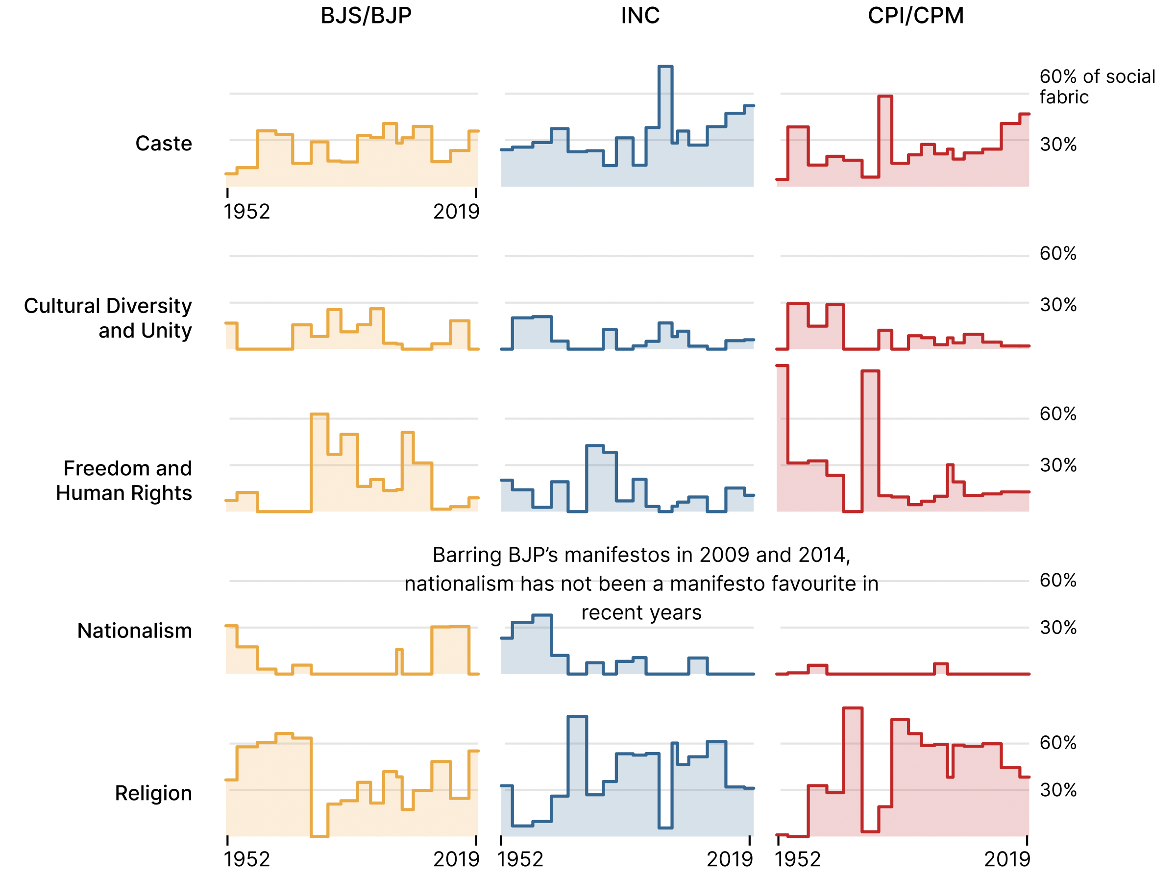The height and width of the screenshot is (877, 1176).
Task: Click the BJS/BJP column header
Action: coord(366,15)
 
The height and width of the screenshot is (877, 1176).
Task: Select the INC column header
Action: coord(640,15)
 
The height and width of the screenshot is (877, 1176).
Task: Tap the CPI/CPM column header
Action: coord(915,15)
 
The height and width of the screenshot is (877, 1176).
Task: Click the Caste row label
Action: coord(164,144)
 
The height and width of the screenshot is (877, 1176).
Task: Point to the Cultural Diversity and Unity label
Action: coord(108,318)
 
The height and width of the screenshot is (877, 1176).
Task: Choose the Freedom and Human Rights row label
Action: coord(123,481)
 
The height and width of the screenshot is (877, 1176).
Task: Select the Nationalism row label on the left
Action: coord(134,631)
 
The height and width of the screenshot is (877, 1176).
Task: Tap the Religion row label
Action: coord(153,793)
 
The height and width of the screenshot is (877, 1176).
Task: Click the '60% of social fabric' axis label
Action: coord(1097,87)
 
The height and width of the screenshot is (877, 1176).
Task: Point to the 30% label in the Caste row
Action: coord(1057,145)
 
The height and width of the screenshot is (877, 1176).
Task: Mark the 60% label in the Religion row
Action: coord(1057,743)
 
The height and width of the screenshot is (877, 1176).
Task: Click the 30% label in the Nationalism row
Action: coord(1057,628)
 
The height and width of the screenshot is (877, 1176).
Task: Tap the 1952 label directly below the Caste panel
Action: coord(247,212)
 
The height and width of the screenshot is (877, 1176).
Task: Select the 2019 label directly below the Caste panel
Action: coord(456,212)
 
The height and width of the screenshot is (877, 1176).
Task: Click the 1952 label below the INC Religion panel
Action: coord(520,859)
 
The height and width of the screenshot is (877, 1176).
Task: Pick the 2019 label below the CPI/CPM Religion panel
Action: coord(1006,859)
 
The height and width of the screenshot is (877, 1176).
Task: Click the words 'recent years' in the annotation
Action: coord(641,612)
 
